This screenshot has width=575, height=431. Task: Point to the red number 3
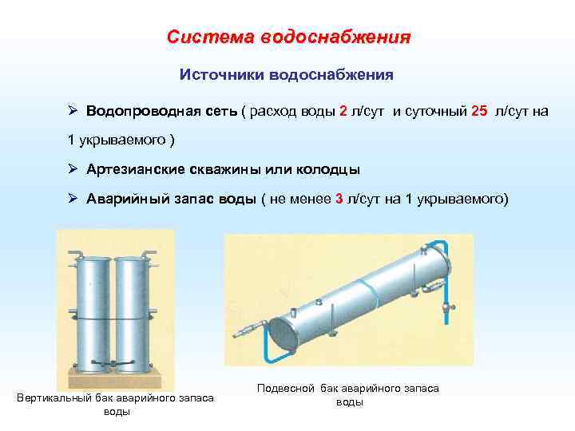(339, 199)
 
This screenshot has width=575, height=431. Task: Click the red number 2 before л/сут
(343, 111)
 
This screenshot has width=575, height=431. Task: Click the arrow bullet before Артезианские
(72, 169)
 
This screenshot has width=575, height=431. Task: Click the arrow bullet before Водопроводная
(72, 111)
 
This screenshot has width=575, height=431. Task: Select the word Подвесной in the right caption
(285, 388)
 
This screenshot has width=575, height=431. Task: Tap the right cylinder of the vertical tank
(130, 311)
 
